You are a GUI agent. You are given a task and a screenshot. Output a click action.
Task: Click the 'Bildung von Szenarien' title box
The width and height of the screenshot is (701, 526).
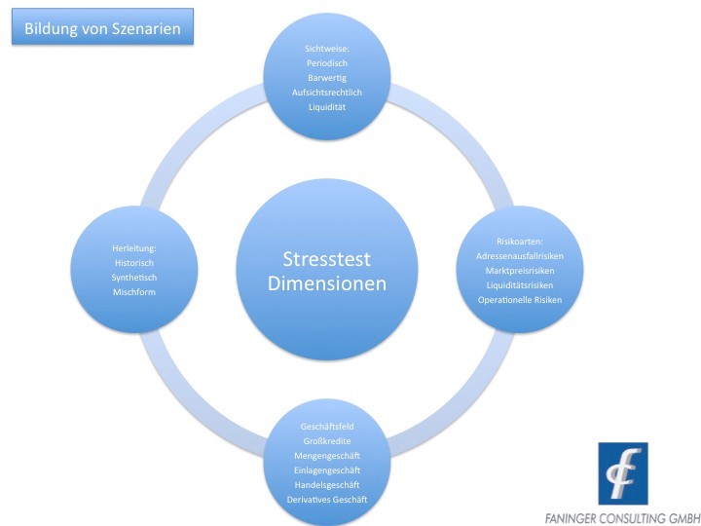click(x=102, y=26)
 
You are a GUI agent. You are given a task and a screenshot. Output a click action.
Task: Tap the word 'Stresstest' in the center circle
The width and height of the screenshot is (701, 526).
click(x=327, y=259)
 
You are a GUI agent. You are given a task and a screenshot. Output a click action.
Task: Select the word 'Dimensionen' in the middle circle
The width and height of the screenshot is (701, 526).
click(x=327, y=283)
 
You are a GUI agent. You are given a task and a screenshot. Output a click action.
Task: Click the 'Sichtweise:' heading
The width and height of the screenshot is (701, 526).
click(x=327, y=49)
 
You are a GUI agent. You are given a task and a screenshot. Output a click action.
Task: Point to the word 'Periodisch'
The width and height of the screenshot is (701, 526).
click(x=327, y=63)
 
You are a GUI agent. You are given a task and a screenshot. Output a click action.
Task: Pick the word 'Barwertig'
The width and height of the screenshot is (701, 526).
click(x=327, y=78)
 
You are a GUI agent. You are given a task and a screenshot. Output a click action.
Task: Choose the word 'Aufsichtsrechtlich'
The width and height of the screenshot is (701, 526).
click(x=327, y=93)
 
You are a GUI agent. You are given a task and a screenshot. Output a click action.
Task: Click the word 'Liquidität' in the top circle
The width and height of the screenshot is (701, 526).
click(x=327, y=107)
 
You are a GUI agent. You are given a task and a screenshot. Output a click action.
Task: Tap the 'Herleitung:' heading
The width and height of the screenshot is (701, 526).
click(x=134, y=248)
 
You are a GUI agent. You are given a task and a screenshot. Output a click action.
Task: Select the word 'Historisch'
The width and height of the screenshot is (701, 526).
click(x=134, y=263)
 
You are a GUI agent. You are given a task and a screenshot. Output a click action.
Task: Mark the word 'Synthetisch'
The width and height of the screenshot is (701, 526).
click(x=134, y=278)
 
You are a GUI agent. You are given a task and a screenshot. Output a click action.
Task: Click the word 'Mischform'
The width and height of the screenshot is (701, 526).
click(x=134, y=292)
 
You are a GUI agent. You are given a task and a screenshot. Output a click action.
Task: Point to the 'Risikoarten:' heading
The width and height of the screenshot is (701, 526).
click(x=520, y=242)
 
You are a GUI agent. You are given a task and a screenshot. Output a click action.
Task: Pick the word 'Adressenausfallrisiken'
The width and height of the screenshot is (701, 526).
click(x=520, y=256)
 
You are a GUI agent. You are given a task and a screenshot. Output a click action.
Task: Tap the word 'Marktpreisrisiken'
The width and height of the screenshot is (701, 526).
click(x=520, y=271)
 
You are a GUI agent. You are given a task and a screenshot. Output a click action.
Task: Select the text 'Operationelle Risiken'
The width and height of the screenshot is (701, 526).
click(x=520, y=300)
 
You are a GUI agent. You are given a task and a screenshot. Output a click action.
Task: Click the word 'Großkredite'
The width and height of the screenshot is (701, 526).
click(x=327, y=441)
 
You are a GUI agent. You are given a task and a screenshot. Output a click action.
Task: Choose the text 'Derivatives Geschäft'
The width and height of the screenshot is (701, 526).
click(x=327, y=499)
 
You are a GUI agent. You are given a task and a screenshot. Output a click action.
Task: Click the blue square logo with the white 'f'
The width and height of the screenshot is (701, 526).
click(x=623, y=473)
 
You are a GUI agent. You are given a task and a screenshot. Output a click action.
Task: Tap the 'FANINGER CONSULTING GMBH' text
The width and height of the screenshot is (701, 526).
click(x=623, y=518)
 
